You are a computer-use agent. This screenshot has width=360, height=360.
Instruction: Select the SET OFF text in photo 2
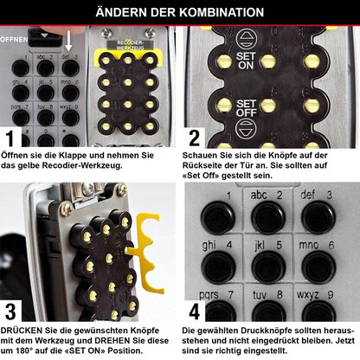(246, 108)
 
